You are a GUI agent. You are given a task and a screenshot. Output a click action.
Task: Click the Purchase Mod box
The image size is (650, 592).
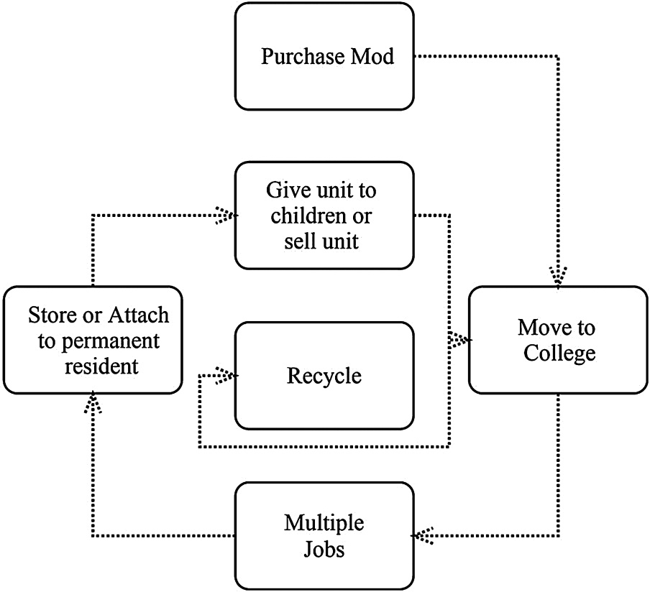point(324,56)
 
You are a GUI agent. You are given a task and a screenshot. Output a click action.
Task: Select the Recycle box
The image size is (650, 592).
point(324,375)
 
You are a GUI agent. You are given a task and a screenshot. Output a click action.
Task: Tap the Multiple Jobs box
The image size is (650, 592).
point(324,536)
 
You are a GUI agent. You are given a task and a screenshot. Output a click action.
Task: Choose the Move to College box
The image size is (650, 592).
point(558,340)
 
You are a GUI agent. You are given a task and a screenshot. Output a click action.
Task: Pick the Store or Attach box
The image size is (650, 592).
point(93,340)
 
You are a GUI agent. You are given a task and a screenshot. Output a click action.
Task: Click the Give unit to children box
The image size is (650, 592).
point(324,216)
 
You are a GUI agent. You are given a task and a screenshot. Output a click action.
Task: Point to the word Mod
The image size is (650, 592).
point(372,56)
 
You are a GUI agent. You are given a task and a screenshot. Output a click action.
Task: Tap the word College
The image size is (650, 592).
point(559,353)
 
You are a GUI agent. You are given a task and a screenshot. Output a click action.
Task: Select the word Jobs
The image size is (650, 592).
point(324,550)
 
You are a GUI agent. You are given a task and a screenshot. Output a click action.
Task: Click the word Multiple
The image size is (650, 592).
point(324,523)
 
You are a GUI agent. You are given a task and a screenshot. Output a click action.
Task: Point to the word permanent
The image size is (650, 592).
point(99,342)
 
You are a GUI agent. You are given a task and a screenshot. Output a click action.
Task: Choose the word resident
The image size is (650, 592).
point(101,366)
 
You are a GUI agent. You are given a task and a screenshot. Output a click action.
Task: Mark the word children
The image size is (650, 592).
point(321,216)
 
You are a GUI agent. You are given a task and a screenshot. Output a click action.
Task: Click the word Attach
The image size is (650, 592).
point(139,315)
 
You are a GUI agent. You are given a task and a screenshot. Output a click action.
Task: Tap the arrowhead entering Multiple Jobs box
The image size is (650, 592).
point(423,536)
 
